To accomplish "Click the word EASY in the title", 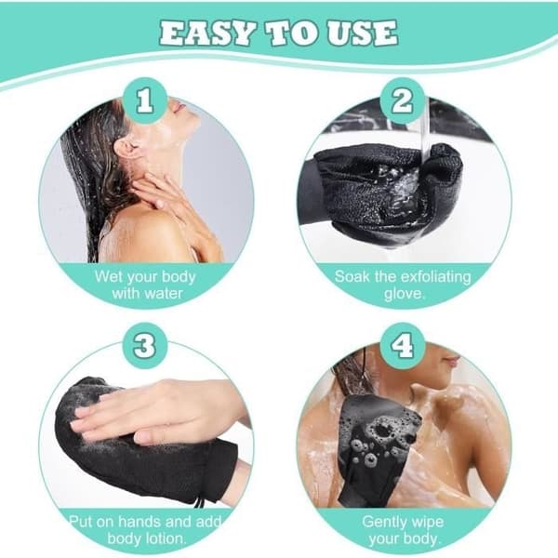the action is (x=207, y=33).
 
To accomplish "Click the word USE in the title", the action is (x=363, y=33).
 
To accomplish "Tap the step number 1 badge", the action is (x=145, y=100).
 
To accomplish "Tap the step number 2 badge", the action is (x=402, y=100).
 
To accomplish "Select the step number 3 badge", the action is (x=145, y=346).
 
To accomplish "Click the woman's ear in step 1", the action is (x=126, y=149).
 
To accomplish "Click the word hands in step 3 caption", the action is (x=139, y=522).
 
